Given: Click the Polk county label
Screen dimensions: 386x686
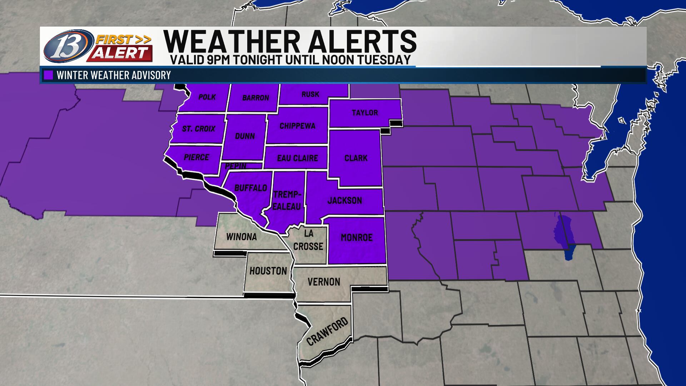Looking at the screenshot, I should pyautogui.click(x=207, y=97).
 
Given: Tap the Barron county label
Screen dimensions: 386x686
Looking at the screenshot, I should pyautogui.click(x=255, y=98).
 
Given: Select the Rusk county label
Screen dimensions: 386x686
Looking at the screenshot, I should pyautogui.click(x=310, y=94).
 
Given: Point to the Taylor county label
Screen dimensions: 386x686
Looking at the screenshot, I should pyautogui.click(x=364, y=113).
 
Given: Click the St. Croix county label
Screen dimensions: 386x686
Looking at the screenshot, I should pyautogui.click(x=199, y=129).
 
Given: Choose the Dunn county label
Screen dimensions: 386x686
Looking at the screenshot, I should pyautogui.click(x=245, y=136).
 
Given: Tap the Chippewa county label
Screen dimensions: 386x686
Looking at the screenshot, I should pyautogui.click(x=297, y=126).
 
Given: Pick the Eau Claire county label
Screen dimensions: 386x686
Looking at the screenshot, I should pyautogui.click(x=297, y=158).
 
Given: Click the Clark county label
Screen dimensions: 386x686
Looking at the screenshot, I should pyautogui.click(x=356, y=158).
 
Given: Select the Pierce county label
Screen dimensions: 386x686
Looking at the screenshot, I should pyautogui.click(x=196, y=157).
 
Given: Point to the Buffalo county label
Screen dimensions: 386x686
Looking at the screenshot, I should pyautogui.click(x=250, y=188).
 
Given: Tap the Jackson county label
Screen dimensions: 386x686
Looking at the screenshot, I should pyautogui.click(x=345, y=200).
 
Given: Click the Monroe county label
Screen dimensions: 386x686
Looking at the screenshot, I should pyautogui.click(x=357, y=237).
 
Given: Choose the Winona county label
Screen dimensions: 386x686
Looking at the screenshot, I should pyautogui.click(x=242, y=237).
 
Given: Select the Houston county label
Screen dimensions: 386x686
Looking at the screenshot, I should pyautogui.click(x=268, y=271).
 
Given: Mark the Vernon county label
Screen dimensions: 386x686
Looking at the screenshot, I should pyautogui.click(x=324, y=282).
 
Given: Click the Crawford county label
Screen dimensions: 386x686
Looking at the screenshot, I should pyautogui.click(x=327, y=331).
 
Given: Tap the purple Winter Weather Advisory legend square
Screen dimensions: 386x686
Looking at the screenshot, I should pyautogui.click(x=48, y=75).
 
